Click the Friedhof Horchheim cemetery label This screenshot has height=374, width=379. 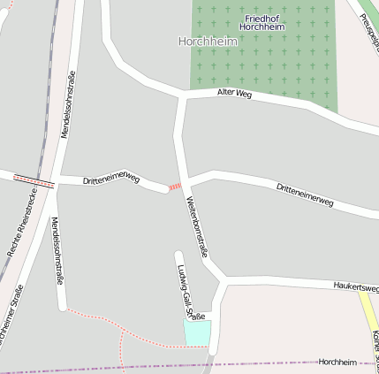pyautogui.click(x=263, y=22)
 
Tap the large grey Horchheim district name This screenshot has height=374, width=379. pyautogui.click(x=208, y=41)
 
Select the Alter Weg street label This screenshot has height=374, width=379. pyautogui.click(x=233, y=94)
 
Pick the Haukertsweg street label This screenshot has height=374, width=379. pyautogui.click(x=356, y=286)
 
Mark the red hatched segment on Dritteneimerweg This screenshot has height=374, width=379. pyautogui.click(x=175, y=187)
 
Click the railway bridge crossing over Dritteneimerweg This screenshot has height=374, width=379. pyautogui.click(x=34, y=179)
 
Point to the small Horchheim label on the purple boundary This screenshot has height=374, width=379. pyautogui.click(x=337, y=363)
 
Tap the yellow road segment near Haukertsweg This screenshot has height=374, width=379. pyautogui.click(x=368, y=314)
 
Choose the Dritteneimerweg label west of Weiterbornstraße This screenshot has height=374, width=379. pyautogui.click(x=111, y=180)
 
